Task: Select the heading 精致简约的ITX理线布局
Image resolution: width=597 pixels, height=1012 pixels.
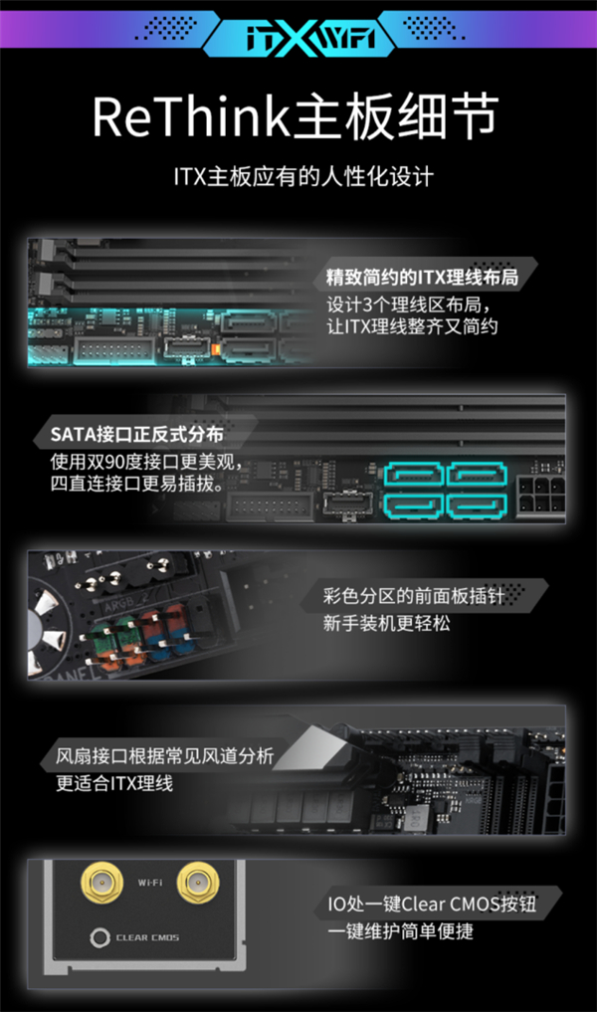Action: (x=422, y=277)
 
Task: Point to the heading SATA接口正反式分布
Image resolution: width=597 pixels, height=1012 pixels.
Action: (x=137, y=435)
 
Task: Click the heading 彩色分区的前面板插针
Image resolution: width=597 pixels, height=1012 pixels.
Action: (x=414, y=595)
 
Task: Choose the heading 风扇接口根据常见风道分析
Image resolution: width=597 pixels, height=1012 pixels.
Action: (x=164, y=756)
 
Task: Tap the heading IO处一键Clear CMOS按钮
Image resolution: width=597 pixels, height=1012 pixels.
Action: (x=432, y=903)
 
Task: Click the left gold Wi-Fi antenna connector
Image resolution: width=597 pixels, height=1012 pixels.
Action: (x=101, y=882)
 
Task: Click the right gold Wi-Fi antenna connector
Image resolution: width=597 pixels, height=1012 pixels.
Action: (x=198, y=882)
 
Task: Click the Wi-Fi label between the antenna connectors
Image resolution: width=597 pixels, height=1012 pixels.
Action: (x=149, y=883)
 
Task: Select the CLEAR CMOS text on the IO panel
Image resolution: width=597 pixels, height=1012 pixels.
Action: (x=147, y=937)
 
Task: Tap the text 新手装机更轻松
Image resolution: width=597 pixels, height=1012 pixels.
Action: (x=387, y=623)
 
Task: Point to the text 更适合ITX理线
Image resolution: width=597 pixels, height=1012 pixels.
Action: (x=114, y=783)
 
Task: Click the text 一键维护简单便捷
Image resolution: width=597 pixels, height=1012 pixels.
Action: (x=400, y=930)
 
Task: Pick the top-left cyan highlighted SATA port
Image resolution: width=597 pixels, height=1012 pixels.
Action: (x=414, y=475)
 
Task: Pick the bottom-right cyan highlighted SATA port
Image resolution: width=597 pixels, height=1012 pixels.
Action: (x=478, y=506)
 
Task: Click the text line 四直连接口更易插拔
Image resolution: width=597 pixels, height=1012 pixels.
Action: (x=137, y=483)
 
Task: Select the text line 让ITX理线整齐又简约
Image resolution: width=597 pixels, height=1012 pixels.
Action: (x=412, y=326)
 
